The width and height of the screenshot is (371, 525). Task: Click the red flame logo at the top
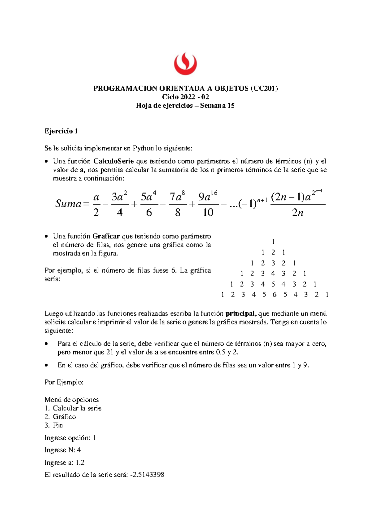pyautogui.click(x=185, y=63)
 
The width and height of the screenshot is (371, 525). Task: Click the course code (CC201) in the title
pyautogui.click(x=264, y=89)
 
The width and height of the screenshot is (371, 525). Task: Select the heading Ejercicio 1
pyautogui.click(x=61, y=131)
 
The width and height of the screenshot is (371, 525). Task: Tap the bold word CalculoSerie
pyautogui.click(x=113, y=161)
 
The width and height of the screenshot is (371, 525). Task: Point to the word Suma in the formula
pyautogui.click(x=68, y=204)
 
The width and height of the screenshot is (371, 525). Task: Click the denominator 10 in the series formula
pyautogui.click(x=208, y=213)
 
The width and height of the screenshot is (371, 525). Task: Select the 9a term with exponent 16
pyautogui.click(x=207, y=197)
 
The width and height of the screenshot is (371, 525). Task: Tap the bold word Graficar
pyautogui.click(x=106, y=236)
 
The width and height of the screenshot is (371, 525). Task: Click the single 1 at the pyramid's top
pyautogui.click(x=273, y=241)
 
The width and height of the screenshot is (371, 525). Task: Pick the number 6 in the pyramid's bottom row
pyautogui.click(x=274, y=295)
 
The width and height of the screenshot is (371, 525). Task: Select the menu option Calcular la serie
pyautogui.click(x=77, y=408)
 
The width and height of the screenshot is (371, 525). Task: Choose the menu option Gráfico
pyautogui.click(x=64, y=417)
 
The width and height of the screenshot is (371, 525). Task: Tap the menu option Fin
pyautogui.click(x=58, y=425)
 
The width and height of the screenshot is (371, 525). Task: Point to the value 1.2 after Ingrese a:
pyautogui.click(x=80, y=463)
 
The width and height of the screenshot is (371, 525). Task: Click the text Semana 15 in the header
pyautogui.click(x=217, y=106)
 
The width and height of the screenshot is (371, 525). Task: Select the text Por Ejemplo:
pyautogui.click(x=64, y=382)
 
